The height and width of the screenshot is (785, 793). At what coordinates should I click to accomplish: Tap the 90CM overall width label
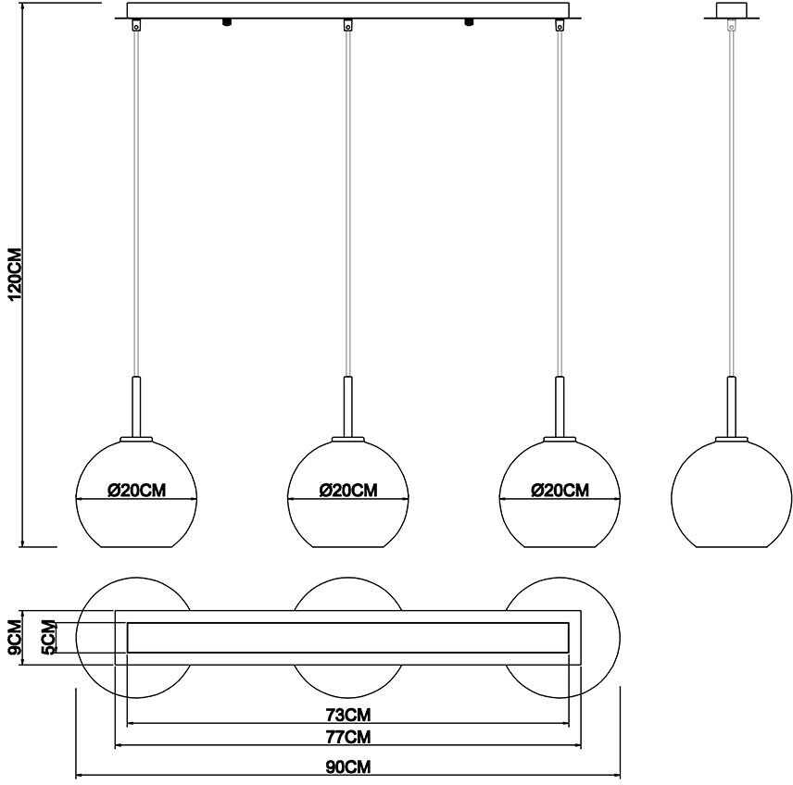click(x=347, y=767)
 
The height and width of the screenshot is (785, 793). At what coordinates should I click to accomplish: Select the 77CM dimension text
click(x=348, y=738)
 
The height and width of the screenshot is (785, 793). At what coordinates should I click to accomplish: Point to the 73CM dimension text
click(x=348, y=715)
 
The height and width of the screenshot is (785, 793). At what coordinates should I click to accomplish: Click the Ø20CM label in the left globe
click(x=136, y=491)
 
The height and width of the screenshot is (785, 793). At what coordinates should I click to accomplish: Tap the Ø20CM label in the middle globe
click(x=347, y=491)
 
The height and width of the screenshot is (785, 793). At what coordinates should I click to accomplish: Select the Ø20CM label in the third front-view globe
click(x=560, y=491)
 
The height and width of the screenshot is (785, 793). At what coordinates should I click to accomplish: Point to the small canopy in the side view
click(x=731, y=11)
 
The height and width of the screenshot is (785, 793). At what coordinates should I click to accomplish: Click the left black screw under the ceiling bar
click(x=225, y=22)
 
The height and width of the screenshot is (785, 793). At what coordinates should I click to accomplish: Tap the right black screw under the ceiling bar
click(x=469, y=22)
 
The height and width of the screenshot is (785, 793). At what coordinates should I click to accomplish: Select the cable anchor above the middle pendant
click(x=347, y=27)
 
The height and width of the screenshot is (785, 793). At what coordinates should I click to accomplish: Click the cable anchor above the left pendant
click(x=136, y=27)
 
